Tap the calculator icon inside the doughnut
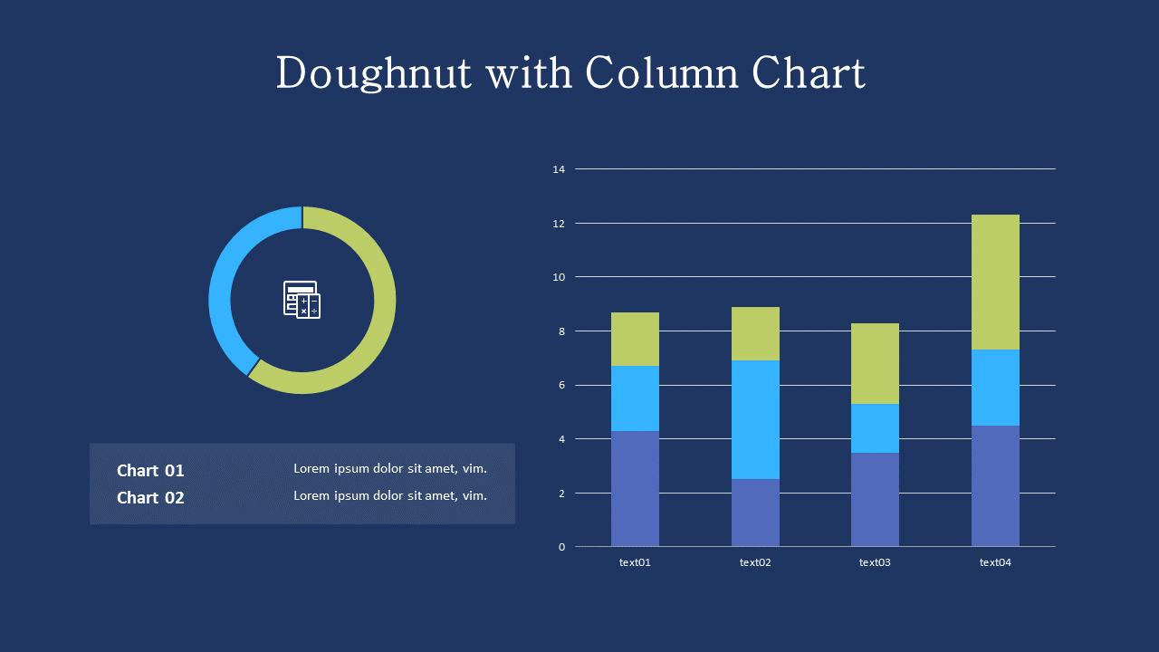302,300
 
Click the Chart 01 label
150,471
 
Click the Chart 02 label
150,498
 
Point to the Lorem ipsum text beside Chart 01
390,468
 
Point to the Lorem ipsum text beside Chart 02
390,495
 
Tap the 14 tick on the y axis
558,169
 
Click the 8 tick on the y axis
560,331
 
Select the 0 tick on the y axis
560,547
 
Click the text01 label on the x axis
635,562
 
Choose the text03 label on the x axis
875,562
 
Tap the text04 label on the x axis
995,562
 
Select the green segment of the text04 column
995,282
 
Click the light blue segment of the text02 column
755,419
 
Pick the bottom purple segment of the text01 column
635,489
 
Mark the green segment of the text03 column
875,363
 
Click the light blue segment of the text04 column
995,388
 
